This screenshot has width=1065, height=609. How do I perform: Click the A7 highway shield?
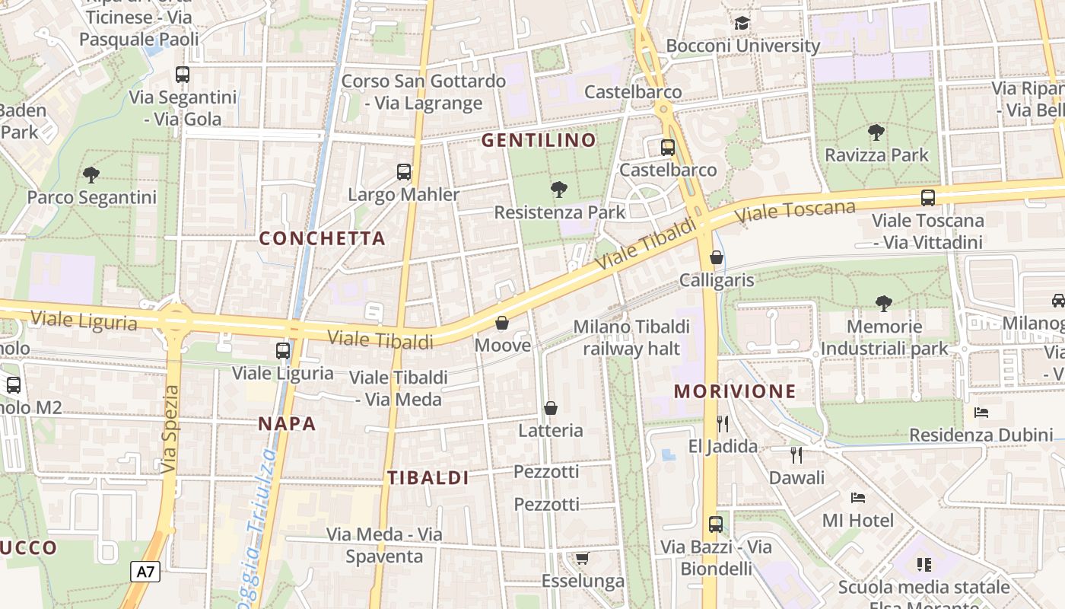(x=145, y=572)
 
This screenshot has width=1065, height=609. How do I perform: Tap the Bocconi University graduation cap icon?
(x=742, y=24)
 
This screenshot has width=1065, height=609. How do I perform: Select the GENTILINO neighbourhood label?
(x=539, y=140)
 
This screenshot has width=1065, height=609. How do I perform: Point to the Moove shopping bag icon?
(x=502, y=323)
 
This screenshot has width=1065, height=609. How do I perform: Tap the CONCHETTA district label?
(x=322, y=238)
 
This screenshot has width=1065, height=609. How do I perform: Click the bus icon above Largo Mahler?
(x=404, y=172)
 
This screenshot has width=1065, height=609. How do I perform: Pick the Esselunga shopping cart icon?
(x=582, y=559)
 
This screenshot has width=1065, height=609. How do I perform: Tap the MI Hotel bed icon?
(x=858, y=498)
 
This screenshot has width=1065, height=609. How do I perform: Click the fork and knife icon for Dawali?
(x=796, y=455)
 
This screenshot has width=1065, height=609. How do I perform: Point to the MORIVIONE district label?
(x=735, y=391)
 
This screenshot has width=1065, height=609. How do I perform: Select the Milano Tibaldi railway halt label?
(x=631, y=337)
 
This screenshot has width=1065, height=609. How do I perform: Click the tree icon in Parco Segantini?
(x=91, y=175)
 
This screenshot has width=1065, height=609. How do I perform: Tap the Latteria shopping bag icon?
(x=551, y=408)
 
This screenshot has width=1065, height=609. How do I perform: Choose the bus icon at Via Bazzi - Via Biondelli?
(x=716, y=524)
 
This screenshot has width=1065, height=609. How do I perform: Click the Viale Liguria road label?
(x=84, y=320)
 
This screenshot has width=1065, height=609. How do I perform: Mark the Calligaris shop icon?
(x=717, y=257)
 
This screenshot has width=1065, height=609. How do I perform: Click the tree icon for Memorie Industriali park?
(x=883, y=304)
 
